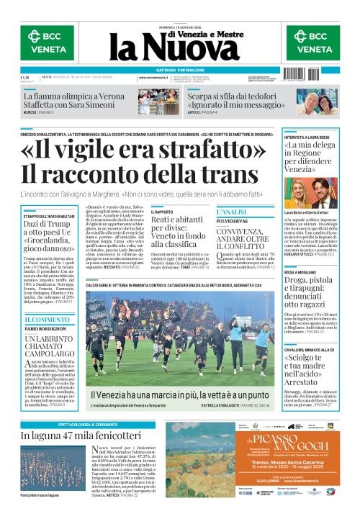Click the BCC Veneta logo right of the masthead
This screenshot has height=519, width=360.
(x=313, y=42)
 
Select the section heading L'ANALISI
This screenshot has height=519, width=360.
(x=233, y=211)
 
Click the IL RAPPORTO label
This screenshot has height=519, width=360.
(x=163, y=212)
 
